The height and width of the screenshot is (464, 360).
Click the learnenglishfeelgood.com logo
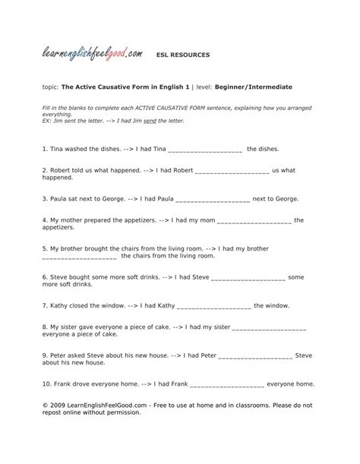click(92, 53)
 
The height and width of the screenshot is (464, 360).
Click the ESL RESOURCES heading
click(183, 55)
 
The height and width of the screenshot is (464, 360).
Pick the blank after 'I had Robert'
click(232, 171)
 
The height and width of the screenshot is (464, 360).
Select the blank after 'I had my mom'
click(254, 221)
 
